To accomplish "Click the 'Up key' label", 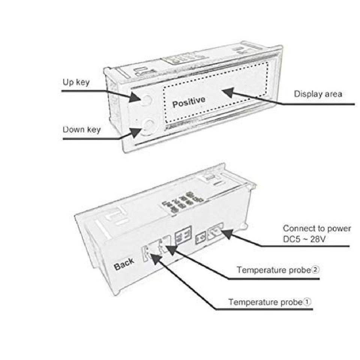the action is point(76,82).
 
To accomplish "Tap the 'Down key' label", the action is point(82,130).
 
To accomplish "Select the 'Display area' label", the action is point(318,94).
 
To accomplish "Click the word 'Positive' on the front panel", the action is point(189,102).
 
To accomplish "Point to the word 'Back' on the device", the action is point(124,264).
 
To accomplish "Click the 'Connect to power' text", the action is point(317,228).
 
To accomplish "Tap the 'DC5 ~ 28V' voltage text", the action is point(304,239).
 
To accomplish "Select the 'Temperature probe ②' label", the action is point(278,270).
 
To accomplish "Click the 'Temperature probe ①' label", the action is point(270,302).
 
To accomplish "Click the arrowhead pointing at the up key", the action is point(135,97).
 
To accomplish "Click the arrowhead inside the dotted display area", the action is point(228,92).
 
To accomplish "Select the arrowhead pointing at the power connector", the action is point(227,234).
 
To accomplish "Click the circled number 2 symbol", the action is point(316,269).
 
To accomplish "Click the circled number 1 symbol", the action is point(307,301).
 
